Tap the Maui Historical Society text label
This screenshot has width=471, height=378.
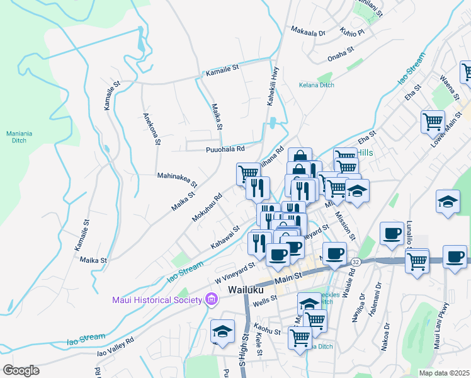(x=156, y=299)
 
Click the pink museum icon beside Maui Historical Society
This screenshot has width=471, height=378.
(x=211, y=299)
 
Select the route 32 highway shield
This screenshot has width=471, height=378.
(x=356, y=261)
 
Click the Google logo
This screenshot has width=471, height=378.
(x=21, y=370)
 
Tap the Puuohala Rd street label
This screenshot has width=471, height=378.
(x=225, y=149)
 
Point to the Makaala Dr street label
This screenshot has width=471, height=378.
(x=308, y=30)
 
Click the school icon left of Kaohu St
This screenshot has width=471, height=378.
(x=222, y=331)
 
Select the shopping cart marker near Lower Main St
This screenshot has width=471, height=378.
(x=433, y=121)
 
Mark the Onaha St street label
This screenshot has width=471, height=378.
(x=342, y=57)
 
